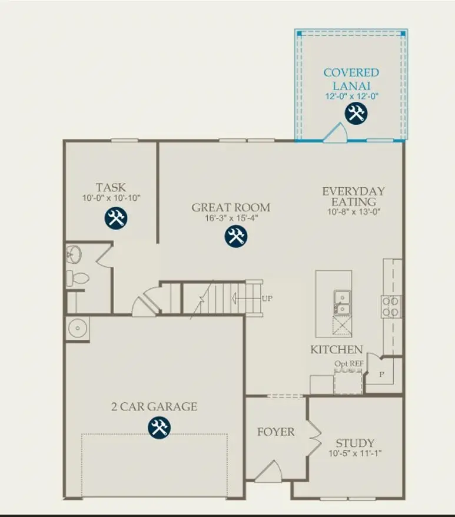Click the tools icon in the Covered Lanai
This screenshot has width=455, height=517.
coord(356,113)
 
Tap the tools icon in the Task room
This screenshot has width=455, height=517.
coord(116,218)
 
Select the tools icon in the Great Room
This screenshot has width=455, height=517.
coord(236,236)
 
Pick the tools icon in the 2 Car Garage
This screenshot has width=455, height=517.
coord(158,427)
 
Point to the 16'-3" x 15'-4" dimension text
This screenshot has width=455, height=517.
coord(231,218)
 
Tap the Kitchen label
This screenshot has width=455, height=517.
coord(336,350)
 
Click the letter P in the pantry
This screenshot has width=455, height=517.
coord(381,375)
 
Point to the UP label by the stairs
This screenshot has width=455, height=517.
coord(267,299)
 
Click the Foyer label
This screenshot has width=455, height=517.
coord(275,432)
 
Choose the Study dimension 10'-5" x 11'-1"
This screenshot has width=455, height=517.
coord(355,454)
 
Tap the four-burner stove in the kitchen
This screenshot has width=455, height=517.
coord(391,306)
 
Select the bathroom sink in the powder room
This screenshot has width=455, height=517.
coord(74,254)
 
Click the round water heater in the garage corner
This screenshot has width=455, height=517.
coord(76,328)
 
